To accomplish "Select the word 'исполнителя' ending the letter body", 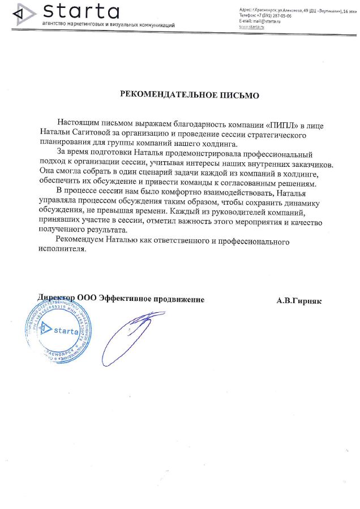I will pyautogui.click(x=61, y=251).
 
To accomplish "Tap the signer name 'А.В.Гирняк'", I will pyautogui.click(x=298, y=301).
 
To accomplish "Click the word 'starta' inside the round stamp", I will pyautogui.click(x=65, y=331).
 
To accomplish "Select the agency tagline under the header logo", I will pyautogui.click(x=108, y=25).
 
